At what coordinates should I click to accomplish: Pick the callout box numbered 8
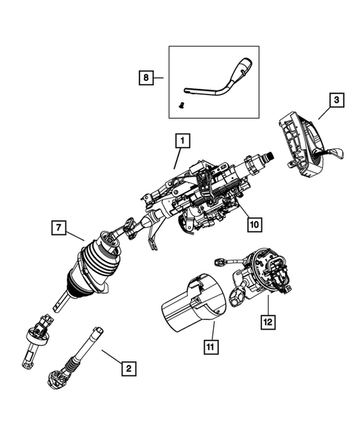pos(145,76)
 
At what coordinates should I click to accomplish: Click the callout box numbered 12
pos(266,321)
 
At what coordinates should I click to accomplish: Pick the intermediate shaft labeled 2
pos(86,355)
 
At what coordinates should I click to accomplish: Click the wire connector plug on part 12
pos(220,261)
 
